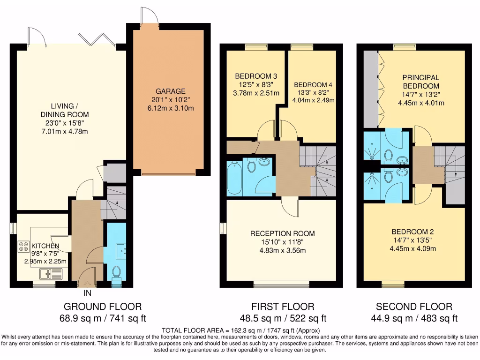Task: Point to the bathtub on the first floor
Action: point(234,179)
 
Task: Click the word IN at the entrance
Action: point(88,293)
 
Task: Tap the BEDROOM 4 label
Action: point(313,85)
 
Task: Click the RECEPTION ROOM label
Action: point(282,233)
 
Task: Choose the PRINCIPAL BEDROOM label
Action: point(420,82)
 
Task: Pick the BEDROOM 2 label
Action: point(412,232)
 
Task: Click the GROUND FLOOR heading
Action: point(102,307)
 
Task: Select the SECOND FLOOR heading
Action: point(414,307)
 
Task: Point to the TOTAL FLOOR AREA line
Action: point(240,330)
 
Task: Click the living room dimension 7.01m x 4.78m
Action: point(64,131)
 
